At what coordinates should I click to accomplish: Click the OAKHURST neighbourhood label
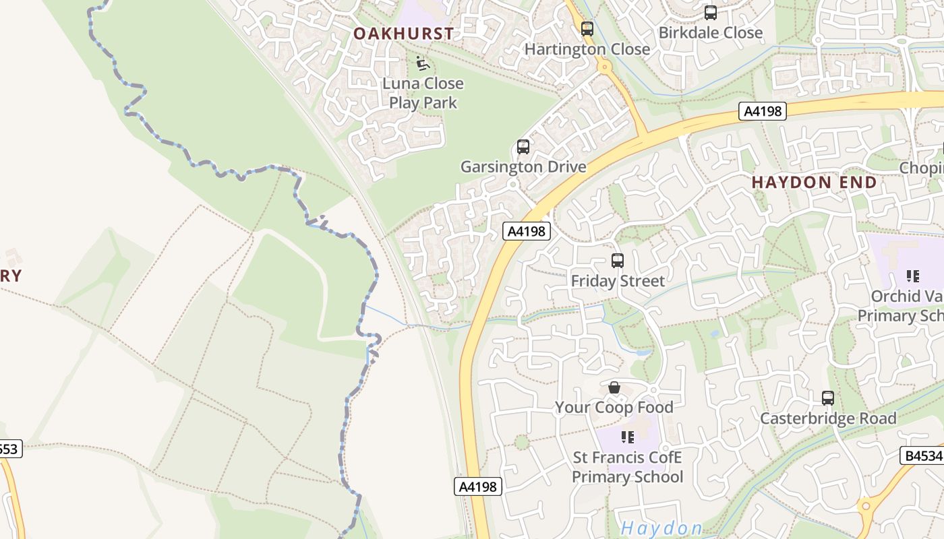[x=404, y=33]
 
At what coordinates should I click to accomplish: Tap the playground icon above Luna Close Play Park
[x=423, y=63]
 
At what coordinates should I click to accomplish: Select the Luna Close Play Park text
[x=423, y=93]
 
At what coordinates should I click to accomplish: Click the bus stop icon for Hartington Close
[x=587, y=29]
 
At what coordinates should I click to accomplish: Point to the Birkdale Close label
[x=711, y=32]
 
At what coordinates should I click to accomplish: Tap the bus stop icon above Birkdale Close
[x=711, y=13]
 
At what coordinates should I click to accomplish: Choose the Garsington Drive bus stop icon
[x=523, y=147]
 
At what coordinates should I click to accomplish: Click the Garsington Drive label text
[x=523, y=166]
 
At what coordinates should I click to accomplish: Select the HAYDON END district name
[x=815, y=182]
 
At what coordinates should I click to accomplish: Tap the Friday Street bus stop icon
[x=618, y=261]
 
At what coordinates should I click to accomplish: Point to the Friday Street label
[x=618, y=281]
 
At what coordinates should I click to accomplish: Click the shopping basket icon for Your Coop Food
[x=614, y=388]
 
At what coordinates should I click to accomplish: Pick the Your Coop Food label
[x=614, y=408]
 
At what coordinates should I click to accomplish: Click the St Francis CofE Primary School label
[x=628, y=468]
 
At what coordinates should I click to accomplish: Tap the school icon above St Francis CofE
[x=628, y=437]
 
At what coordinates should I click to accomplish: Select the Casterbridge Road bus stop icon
[x=828, y=398]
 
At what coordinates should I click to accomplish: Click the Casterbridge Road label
[x=828, y=418]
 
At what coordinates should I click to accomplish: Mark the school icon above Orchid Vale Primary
[x=913, y=276]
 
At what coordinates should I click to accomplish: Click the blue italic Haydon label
[x=661, y=528]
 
